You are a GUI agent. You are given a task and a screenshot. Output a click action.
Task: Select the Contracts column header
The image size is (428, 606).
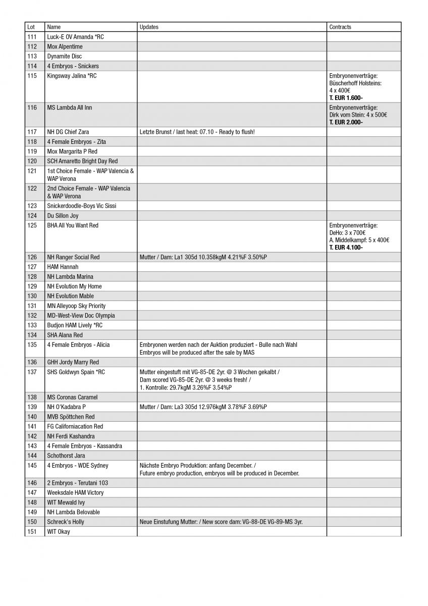click(x=340, y=27)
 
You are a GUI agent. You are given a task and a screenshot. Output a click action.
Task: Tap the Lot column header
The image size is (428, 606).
click(x=31, y=27)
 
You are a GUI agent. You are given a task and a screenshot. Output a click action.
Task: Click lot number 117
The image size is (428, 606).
click(x=32, y=132)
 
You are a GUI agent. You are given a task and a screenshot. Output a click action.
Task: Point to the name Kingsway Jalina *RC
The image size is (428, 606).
click(x=72, y=76)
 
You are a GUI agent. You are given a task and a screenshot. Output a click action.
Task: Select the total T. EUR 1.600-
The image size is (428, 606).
click(x=346, y=97)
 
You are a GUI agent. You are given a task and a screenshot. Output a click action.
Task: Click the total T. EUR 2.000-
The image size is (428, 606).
click(x=346, y=122)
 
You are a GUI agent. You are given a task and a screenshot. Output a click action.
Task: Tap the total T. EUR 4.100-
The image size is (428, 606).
click(x=346, y=247)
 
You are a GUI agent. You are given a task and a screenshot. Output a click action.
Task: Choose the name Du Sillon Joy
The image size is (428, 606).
click(x=63, y=216)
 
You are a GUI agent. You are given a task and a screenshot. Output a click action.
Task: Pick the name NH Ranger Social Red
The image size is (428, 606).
click(x=74, y=257)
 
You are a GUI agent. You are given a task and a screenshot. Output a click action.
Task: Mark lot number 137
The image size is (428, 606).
click(x=32, y=372)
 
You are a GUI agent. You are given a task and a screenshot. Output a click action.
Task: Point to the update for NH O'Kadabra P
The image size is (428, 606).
click(x=203, y=407)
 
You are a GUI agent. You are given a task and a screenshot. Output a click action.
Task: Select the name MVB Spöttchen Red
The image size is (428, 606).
click(x=71, y=417)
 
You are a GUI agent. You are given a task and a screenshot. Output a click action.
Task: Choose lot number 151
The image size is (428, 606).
click(x=32, y=532)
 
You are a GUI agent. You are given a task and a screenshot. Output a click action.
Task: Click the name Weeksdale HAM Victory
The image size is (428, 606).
click(x=75, y=492)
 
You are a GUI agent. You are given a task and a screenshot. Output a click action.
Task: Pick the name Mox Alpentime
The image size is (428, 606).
click(x=65, y=46)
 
